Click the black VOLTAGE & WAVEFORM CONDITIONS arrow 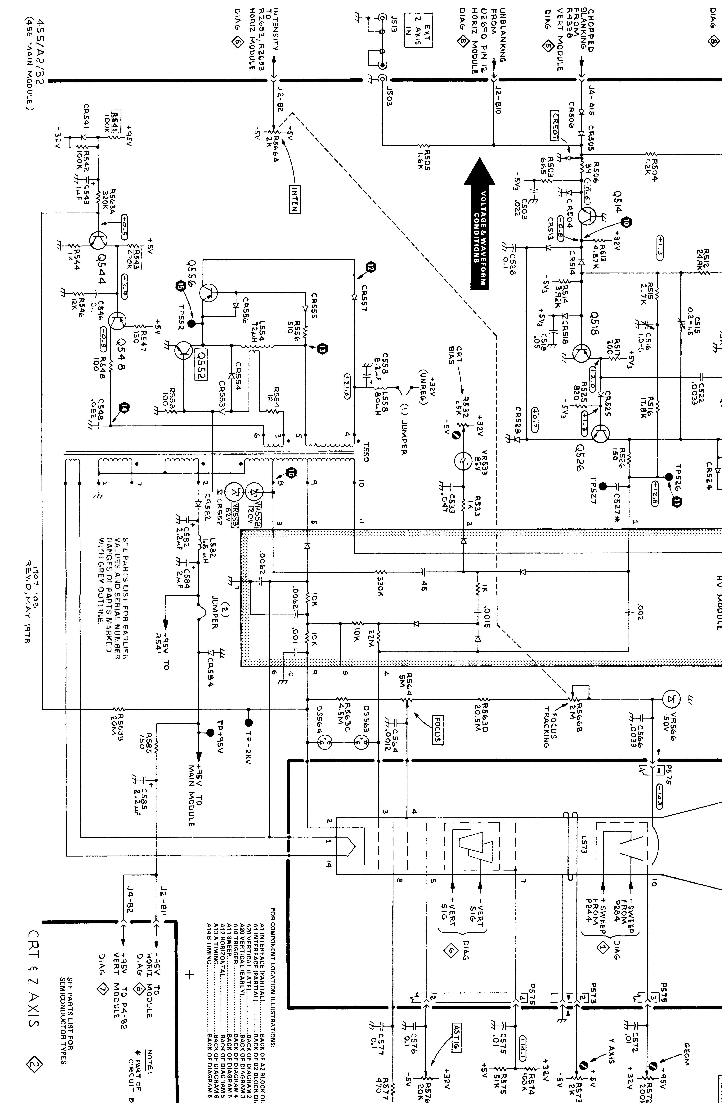[480, 225]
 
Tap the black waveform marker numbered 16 [291, 473]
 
